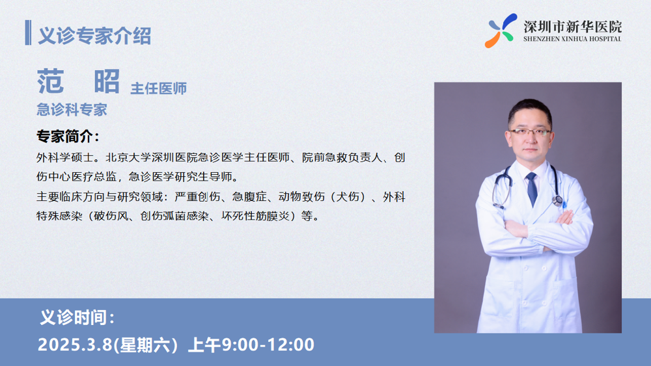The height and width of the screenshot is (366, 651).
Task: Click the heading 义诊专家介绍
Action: tap(94, 36)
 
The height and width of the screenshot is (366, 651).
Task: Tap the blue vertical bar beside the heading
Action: tap(28, 33)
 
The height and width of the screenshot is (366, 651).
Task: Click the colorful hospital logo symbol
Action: tap(501, 31)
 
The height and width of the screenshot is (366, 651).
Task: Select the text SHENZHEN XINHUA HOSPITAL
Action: tap(572, 39)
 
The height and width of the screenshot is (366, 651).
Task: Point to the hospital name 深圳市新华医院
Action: tap(572, 27)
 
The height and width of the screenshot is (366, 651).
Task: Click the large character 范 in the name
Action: tap(51, 82)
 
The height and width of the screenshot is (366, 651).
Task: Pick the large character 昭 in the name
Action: tap(107, 82)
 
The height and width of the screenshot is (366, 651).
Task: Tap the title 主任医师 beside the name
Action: tap(159, 88)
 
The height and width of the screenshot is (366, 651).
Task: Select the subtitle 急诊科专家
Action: tap(72, 110)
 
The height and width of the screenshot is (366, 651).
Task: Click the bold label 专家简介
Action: tap(68, 137)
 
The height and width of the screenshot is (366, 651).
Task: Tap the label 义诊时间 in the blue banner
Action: tap(77, 317)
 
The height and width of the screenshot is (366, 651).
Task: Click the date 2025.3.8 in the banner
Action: tap(75, 345)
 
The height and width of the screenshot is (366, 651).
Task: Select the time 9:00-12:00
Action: tap(268, 345)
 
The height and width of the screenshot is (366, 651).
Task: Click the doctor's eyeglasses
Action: tap(530, 132)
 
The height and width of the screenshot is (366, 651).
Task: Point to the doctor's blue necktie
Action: tap(532, 189)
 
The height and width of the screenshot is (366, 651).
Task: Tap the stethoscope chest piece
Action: tap(559, 201)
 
